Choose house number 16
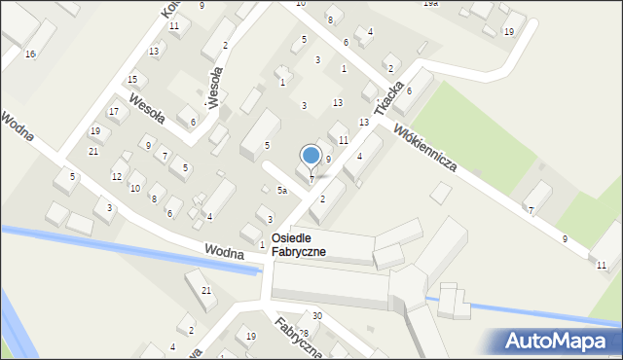30,54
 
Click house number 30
317,315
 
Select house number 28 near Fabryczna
303,334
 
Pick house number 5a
281,191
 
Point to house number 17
114,112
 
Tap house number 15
132,79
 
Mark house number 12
117,176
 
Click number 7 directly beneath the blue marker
311,178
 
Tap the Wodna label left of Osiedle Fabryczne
224,251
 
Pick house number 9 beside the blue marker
328,159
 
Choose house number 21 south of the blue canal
205,291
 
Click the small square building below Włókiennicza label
441,194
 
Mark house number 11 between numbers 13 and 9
343,140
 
